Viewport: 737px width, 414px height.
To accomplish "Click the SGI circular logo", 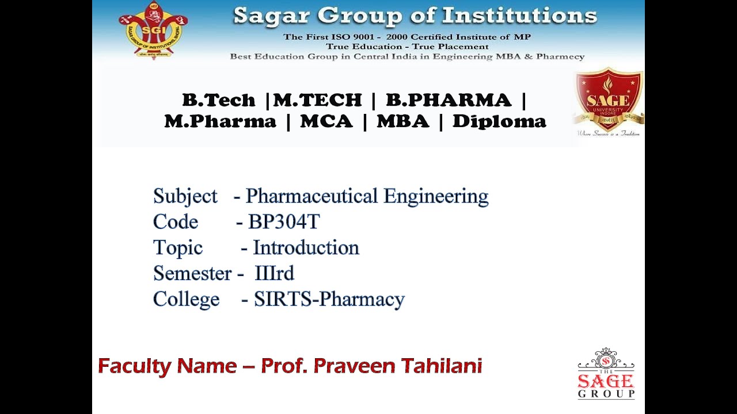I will pos(153,30).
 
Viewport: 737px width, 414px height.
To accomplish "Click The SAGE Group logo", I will pos(606,374).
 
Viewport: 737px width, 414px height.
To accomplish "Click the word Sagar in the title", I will pos(273,16).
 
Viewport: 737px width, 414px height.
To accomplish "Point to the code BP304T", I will pos(284,222).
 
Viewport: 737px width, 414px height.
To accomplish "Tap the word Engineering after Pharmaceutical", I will pos(436,197).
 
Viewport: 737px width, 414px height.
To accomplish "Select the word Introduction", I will pos(306,248).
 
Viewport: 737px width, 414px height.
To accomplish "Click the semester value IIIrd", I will pos(274,273).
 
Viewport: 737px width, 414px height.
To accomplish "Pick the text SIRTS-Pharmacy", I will pos(329,300).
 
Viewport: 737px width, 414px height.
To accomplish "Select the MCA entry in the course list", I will pos(326,121).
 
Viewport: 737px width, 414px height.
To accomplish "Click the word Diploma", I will pos(499,121).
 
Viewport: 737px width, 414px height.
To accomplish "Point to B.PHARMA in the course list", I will pos(448,100).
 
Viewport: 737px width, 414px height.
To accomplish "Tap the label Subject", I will pos(185,196).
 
